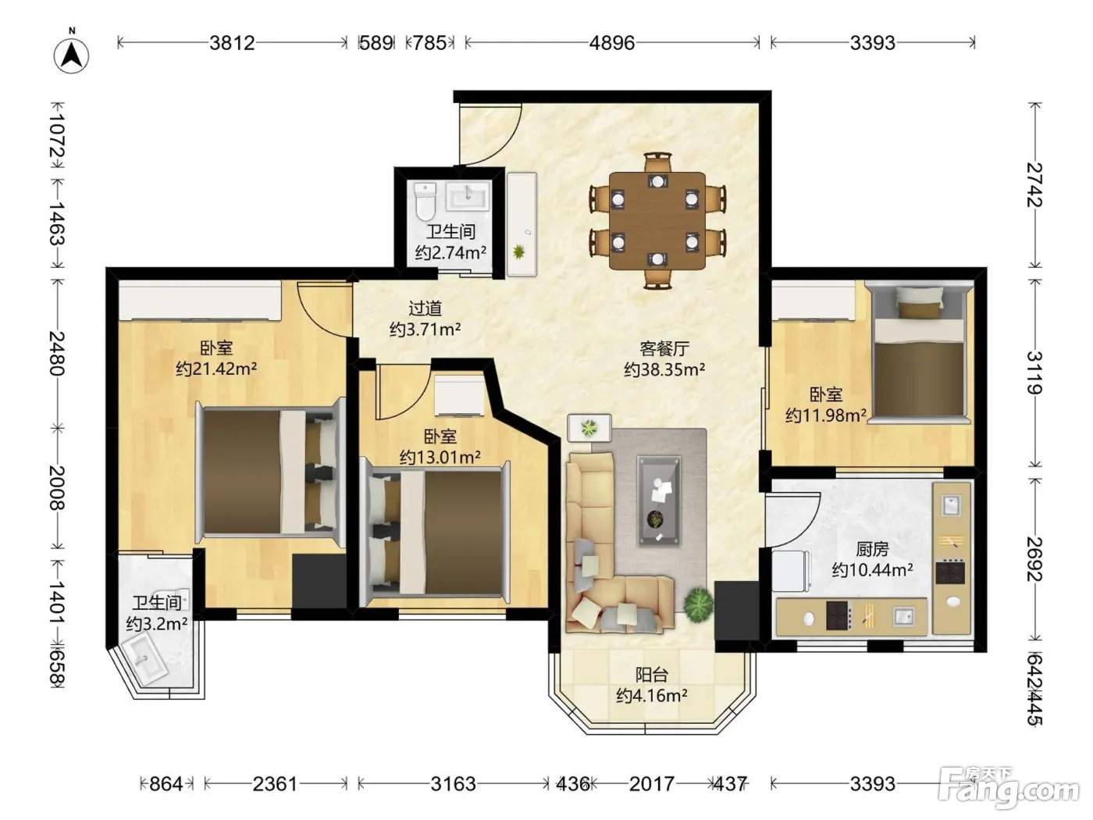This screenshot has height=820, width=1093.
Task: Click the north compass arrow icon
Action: tap(72, 55)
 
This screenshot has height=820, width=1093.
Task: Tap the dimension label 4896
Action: tap(612, 43)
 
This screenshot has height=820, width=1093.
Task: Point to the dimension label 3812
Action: tap(232, 43)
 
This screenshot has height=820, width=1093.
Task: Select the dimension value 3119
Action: tap(1034, 373)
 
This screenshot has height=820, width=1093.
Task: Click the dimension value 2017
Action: tap(652, 783)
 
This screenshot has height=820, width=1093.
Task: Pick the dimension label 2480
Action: tap(57, 353)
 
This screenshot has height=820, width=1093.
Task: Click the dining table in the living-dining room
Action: tap(657, 220)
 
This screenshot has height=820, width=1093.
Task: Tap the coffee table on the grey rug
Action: tap(659, 501)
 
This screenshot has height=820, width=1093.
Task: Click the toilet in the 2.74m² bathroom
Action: tap(425, 202)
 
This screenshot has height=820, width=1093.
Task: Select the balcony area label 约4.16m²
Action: tap(652, 695)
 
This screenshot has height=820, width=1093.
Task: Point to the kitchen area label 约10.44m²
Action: tap(872, 569)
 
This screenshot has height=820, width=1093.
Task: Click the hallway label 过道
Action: tap(425, 308)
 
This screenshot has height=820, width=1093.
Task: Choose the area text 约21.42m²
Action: tap(216, 369)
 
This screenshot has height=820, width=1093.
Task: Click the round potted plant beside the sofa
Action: tap(699, 605)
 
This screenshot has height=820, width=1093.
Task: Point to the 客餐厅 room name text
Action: tap(664, 348)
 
